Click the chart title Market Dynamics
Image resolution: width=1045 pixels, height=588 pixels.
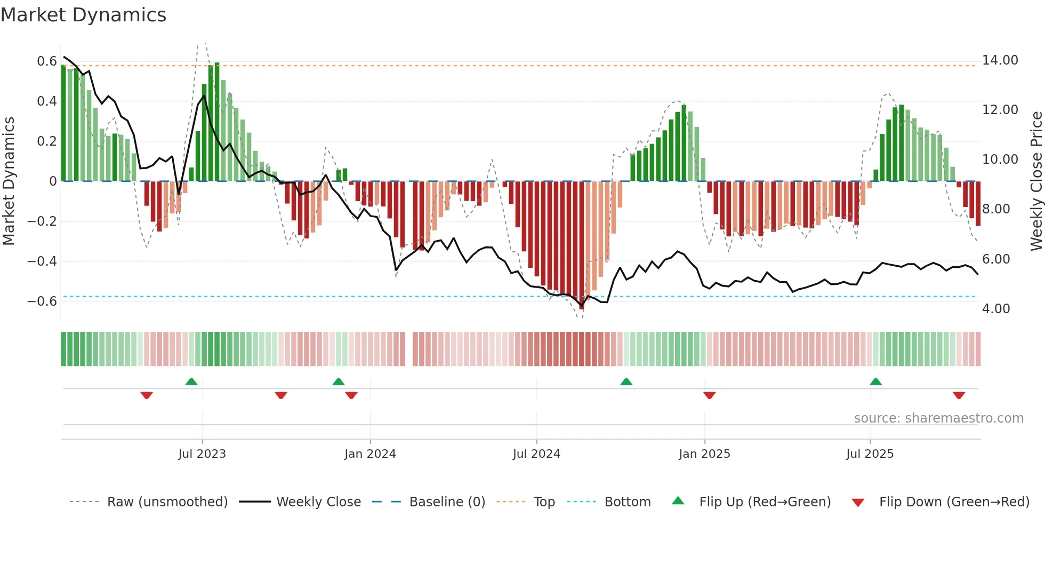coord(83,15)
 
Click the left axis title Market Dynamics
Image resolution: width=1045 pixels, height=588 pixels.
coord(9,181)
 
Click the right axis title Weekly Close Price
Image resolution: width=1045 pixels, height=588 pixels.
coord(1036,181)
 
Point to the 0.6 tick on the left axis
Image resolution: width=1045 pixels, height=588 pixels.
coord(46,61)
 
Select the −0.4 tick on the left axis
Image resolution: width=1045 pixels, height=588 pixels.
coord(42,261)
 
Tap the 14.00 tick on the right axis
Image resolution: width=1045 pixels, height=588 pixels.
coord(1000,60)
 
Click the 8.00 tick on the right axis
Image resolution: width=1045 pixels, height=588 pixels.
coord(995,209)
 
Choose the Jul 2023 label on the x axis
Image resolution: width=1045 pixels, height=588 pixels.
coord(202,454)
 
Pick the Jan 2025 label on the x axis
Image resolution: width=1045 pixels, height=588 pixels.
coord(704,454)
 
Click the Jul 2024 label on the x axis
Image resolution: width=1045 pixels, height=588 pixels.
coord(536,454)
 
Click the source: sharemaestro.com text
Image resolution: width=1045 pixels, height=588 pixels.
coord(938,418)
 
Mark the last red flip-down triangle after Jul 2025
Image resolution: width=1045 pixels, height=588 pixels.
coord(959,395)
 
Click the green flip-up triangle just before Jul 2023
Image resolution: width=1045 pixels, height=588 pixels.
coord(191,382)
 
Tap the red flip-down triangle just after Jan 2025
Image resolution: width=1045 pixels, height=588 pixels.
coord(709,395)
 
